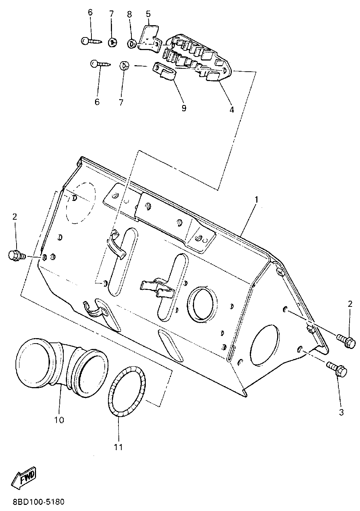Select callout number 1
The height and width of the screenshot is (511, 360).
click(x=256, y=199)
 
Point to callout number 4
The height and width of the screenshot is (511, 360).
click(x=231, y=109)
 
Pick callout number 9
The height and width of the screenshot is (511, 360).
click(x=184, y=108)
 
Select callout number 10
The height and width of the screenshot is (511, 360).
click(x=59, y=420)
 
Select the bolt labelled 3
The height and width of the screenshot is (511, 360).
click(x=337, y=369)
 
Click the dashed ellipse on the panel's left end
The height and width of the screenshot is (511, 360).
click(x=81, y=203)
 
